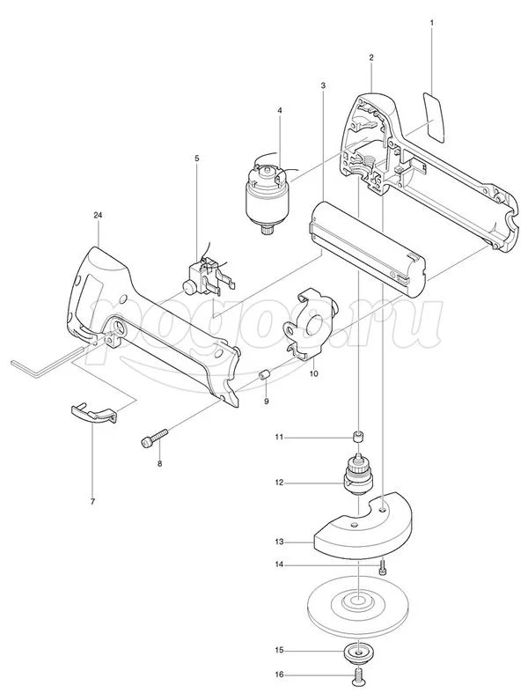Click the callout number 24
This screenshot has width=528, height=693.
point(98,215)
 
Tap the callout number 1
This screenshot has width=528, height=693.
point(432,22)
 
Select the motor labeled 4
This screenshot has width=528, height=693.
point(268,194)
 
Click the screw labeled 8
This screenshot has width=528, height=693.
point(154,437)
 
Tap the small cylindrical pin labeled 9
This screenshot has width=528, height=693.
point(265,376)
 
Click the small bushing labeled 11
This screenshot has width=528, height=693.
point(358,436)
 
